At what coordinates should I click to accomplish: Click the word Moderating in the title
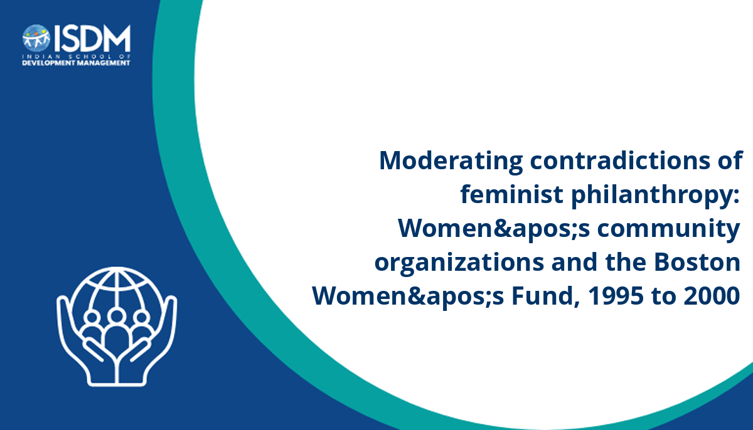click(x=451, y=162)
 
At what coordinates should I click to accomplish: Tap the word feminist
click(x=511, y=194)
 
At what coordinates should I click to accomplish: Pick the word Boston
click(x=697, y=262)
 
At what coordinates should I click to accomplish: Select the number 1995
click(x=616, y=296)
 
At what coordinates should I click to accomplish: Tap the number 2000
click(x=712, y=296)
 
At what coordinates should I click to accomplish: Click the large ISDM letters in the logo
click(x=92, y=38)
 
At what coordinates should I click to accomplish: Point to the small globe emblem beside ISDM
click(x=36, y=38)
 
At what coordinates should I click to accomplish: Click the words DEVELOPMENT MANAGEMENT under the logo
click(x=76, y=63)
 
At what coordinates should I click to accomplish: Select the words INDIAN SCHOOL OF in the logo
click(x=76, y=56)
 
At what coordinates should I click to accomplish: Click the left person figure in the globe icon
click(x=92, y=327)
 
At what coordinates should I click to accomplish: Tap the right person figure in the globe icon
click(x=142, y=327)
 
